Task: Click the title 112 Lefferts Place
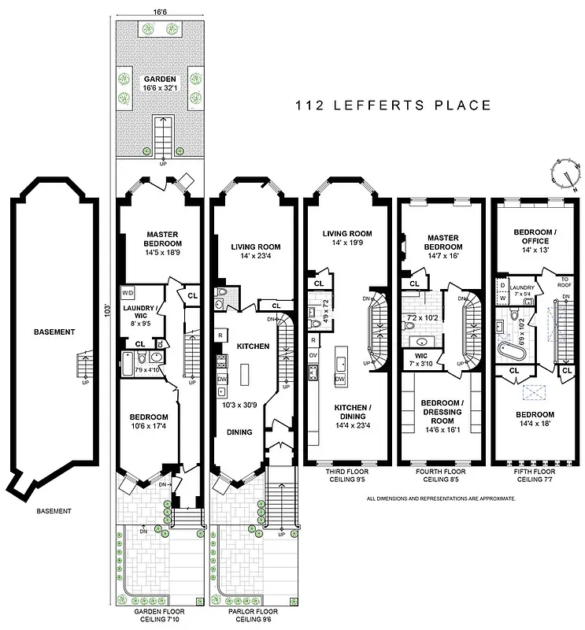pos(393,106)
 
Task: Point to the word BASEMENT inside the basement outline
pos(54,332)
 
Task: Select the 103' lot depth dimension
pos(105,312)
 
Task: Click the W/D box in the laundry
pos(128,292)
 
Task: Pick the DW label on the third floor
pos(339,380)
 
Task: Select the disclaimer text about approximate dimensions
pos(441,498)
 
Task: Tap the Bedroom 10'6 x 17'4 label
pos(150,421)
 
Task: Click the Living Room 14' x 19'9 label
pos(346,239)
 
